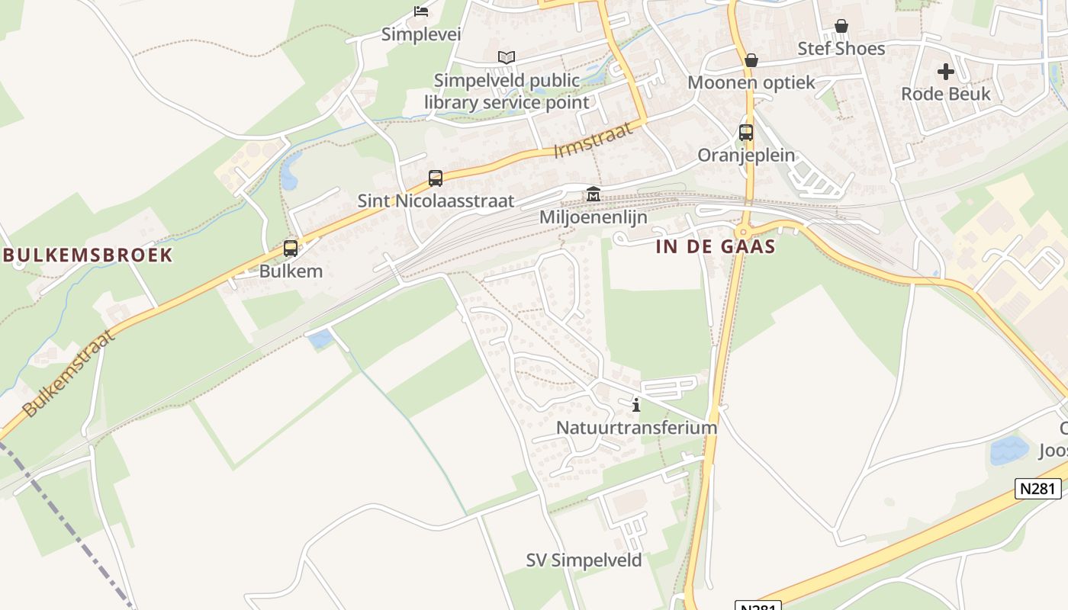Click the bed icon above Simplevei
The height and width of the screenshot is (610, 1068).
click(420, 11)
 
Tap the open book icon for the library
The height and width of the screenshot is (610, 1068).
click(507, 57)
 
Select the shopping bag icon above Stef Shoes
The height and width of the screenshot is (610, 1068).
click(841, 27)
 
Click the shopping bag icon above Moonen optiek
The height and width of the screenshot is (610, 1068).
click(751, 60)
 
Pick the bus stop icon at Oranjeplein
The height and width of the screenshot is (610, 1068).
click(746, 133)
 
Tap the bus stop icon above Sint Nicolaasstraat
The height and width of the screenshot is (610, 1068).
click(436, 178)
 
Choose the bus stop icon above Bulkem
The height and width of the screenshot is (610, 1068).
click(291, 249)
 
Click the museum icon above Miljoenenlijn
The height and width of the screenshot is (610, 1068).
click(593, 194)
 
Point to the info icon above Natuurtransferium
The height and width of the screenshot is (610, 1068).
click(636, 405)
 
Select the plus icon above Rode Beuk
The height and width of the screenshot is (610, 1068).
click(946, 72)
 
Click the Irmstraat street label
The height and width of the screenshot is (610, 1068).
click(594, 140)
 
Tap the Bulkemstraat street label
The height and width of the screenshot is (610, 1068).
click(68, 374)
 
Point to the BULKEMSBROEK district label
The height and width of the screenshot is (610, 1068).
click(88, 255)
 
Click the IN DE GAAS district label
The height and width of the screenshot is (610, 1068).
click(716, 246)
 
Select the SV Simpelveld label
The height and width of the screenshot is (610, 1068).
click(584, 560)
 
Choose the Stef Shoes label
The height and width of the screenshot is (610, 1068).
click(841, 49)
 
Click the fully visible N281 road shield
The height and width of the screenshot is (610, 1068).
click(1038, 489)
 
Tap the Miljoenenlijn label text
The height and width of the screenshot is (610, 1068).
click(594, 217)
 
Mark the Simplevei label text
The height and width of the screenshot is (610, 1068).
click(421, 34)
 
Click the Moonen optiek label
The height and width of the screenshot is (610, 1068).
click(751, 82)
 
